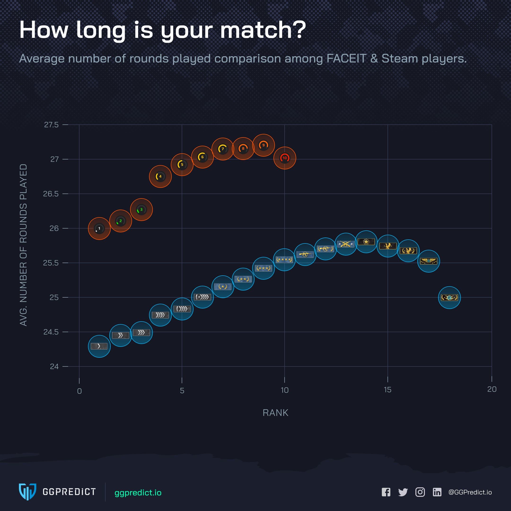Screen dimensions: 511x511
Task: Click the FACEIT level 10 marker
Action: pos(285,158)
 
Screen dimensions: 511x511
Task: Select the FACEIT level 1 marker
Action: pos(99,229)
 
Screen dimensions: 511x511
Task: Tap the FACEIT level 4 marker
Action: pos(160,176)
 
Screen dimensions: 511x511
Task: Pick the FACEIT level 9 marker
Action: pos(264,145)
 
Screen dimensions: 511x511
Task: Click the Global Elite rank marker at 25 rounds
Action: pos(449,298)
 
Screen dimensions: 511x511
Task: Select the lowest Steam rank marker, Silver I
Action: pos(99,346)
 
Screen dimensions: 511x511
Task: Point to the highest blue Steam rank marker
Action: pos(366,242)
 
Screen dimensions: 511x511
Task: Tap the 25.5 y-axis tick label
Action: pos(51,263)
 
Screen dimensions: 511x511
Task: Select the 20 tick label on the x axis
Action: pos(492,389)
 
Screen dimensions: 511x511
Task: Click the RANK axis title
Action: pos(275,413)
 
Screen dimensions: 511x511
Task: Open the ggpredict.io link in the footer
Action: pos(138,493)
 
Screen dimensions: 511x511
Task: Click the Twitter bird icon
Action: pos(403,492)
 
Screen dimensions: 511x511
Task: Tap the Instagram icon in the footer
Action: pos(420,492)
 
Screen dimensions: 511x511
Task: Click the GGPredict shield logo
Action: pos(27,492)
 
